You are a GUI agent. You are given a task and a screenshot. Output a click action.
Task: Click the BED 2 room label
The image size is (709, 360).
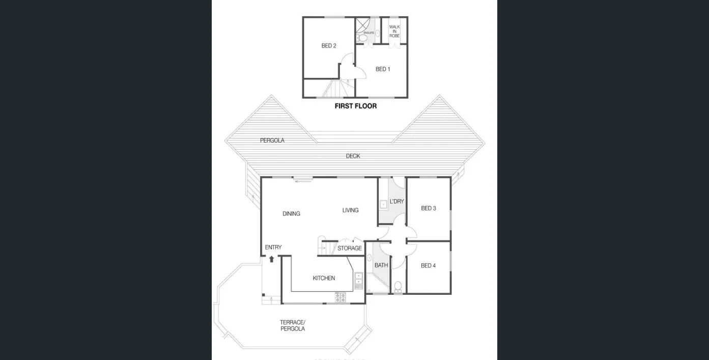pos(329,46)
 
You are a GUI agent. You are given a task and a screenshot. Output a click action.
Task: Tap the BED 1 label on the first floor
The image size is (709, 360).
pos(383,69)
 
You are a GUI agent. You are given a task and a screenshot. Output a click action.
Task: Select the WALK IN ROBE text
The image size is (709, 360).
pos(394,31)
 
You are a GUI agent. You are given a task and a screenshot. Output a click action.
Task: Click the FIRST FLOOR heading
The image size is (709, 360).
pos(355,106)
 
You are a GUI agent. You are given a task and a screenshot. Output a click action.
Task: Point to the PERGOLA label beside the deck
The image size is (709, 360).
pos(272,141)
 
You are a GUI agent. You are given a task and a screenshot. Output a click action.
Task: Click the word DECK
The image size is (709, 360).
pos(353,156)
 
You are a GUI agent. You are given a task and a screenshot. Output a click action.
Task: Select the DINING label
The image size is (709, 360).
pos(291,214)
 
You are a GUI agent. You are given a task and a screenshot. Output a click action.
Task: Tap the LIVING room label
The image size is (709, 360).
pos(350,210)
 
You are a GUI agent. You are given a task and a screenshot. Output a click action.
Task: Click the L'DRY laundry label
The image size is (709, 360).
pos(396,202)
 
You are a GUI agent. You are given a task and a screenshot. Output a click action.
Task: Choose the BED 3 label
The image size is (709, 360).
pos(428,208)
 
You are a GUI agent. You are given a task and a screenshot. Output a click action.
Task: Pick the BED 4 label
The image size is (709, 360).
pos(428,266)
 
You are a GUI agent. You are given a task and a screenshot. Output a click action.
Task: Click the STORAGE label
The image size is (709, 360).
pos(350,248)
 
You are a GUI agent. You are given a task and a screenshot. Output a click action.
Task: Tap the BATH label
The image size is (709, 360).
pos(381,265)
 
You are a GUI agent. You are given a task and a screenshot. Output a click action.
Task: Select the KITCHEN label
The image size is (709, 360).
pos(324,278)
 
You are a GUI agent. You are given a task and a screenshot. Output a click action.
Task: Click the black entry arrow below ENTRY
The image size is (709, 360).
pos(271,259)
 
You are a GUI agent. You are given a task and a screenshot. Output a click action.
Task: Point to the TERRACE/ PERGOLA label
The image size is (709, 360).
pos(293,325)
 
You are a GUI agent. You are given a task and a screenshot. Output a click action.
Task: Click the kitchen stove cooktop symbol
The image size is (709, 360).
pos(340,297)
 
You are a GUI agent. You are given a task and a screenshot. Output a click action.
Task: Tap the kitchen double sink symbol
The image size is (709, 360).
pos(358,278)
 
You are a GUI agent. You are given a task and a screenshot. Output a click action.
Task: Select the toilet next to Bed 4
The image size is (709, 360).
pos(398,286)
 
